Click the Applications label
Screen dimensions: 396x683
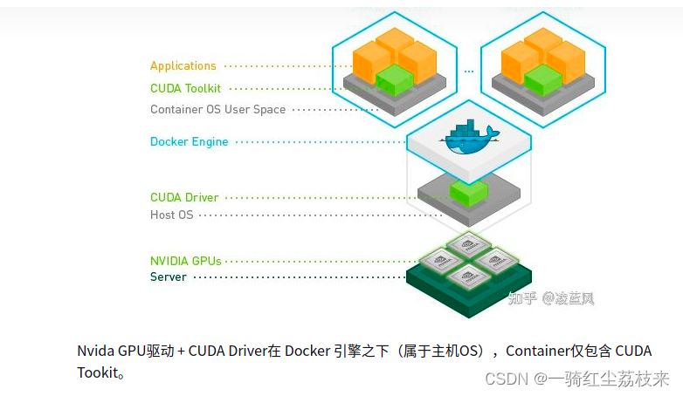(x=183, y=66)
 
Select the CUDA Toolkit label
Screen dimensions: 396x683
(x=185, y=88)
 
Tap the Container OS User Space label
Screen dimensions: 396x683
(x=217, y=110)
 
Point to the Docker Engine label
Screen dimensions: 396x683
(x=189, y=142)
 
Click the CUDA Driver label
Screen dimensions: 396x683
(x=184, y=197)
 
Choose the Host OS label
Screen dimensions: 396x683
(x=172, y=215)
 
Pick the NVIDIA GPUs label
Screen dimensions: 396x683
(x=186, y=261)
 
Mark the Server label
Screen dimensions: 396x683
(x=168, y=277)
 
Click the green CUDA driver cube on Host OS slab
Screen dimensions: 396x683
(x=468, y=191)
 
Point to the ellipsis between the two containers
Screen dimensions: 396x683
(x=469, y=71)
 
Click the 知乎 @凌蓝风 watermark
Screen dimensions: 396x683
(x=550, y=299)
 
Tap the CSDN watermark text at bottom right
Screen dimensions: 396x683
(x=577, y=379)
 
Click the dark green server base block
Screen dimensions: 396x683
(x=469, y=292)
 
